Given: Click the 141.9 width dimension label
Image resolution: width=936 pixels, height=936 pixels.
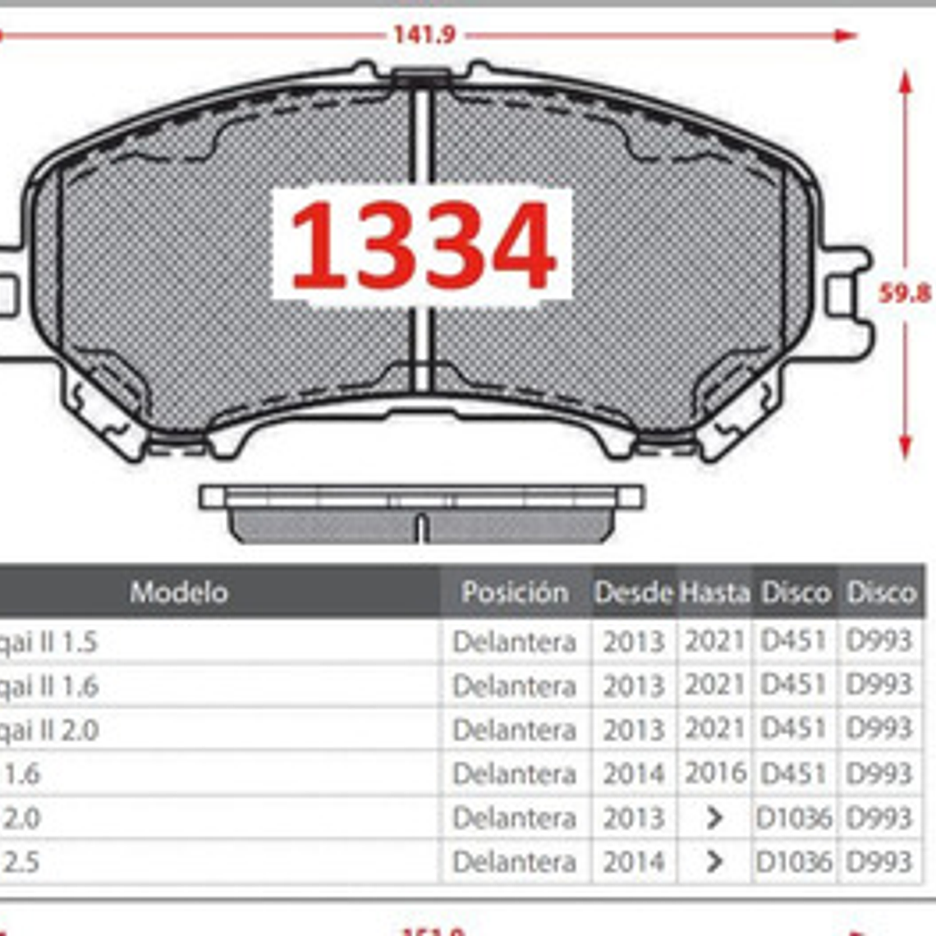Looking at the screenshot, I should (423, 34).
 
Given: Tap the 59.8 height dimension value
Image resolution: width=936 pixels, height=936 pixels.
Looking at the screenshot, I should (905, 293).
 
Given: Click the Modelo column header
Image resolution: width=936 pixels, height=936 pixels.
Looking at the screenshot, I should (178, 592).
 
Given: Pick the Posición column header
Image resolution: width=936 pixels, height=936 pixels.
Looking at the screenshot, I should (515, 592).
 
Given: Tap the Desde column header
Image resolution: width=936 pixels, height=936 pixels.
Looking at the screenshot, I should (633, 592).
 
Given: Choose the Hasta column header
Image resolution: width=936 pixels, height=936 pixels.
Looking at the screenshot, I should (714, 592).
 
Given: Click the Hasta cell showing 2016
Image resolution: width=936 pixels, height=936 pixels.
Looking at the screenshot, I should (715, 773).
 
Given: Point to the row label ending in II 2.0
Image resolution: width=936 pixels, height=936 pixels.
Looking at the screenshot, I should (48, 730).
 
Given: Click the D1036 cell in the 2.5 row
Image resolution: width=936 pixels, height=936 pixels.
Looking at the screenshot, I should (793, 861).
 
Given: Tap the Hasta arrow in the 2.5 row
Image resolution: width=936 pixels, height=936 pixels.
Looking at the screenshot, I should (714, 861).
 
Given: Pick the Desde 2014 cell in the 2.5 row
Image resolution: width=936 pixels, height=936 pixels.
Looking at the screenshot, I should (633, 861).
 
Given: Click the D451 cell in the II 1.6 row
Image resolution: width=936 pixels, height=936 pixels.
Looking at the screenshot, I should (793, 686).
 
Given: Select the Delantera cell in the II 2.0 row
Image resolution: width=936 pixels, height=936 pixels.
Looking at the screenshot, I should (514, 730).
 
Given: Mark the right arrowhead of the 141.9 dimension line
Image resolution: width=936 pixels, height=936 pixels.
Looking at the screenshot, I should (846, 35).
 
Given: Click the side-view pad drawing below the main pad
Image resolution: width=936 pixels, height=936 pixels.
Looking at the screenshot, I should (421, 513).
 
